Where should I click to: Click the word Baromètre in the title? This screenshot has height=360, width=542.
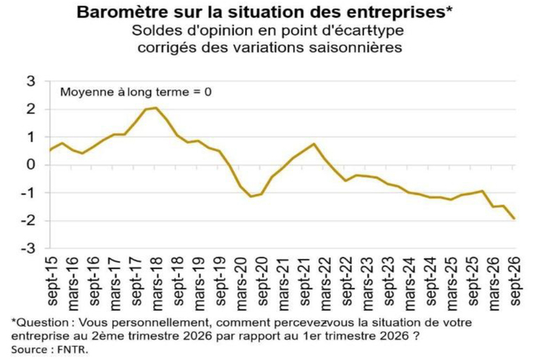point(119,12)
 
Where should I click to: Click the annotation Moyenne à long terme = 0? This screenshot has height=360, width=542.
point(136,93)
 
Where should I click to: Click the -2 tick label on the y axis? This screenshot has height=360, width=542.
point(28,220)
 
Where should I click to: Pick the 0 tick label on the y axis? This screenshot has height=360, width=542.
point(31,165)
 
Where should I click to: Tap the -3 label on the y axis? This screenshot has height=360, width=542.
point(28,248)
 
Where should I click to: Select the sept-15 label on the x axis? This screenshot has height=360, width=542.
point(53,281)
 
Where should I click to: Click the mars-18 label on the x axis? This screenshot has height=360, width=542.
point(158,283)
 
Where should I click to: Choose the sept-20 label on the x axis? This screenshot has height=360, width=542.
point(263,281)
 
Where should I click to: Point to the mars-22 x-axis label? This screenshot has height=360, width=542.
point(326,283)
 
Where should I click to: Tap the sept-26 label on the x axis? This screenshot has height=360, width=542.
point(515,281)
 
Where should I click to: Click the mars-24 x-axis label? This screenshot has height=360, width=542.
point(410,283)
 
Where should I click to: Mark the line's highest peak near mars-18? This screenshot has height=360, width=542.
point(155,108)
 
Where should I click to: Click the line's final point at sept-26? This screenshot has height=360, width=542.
point(515,218)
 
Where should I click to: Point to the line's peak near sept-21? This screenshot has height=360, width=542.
point(314,144)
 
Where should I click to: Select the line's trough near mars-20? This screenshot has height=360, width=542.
point(251,197)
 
